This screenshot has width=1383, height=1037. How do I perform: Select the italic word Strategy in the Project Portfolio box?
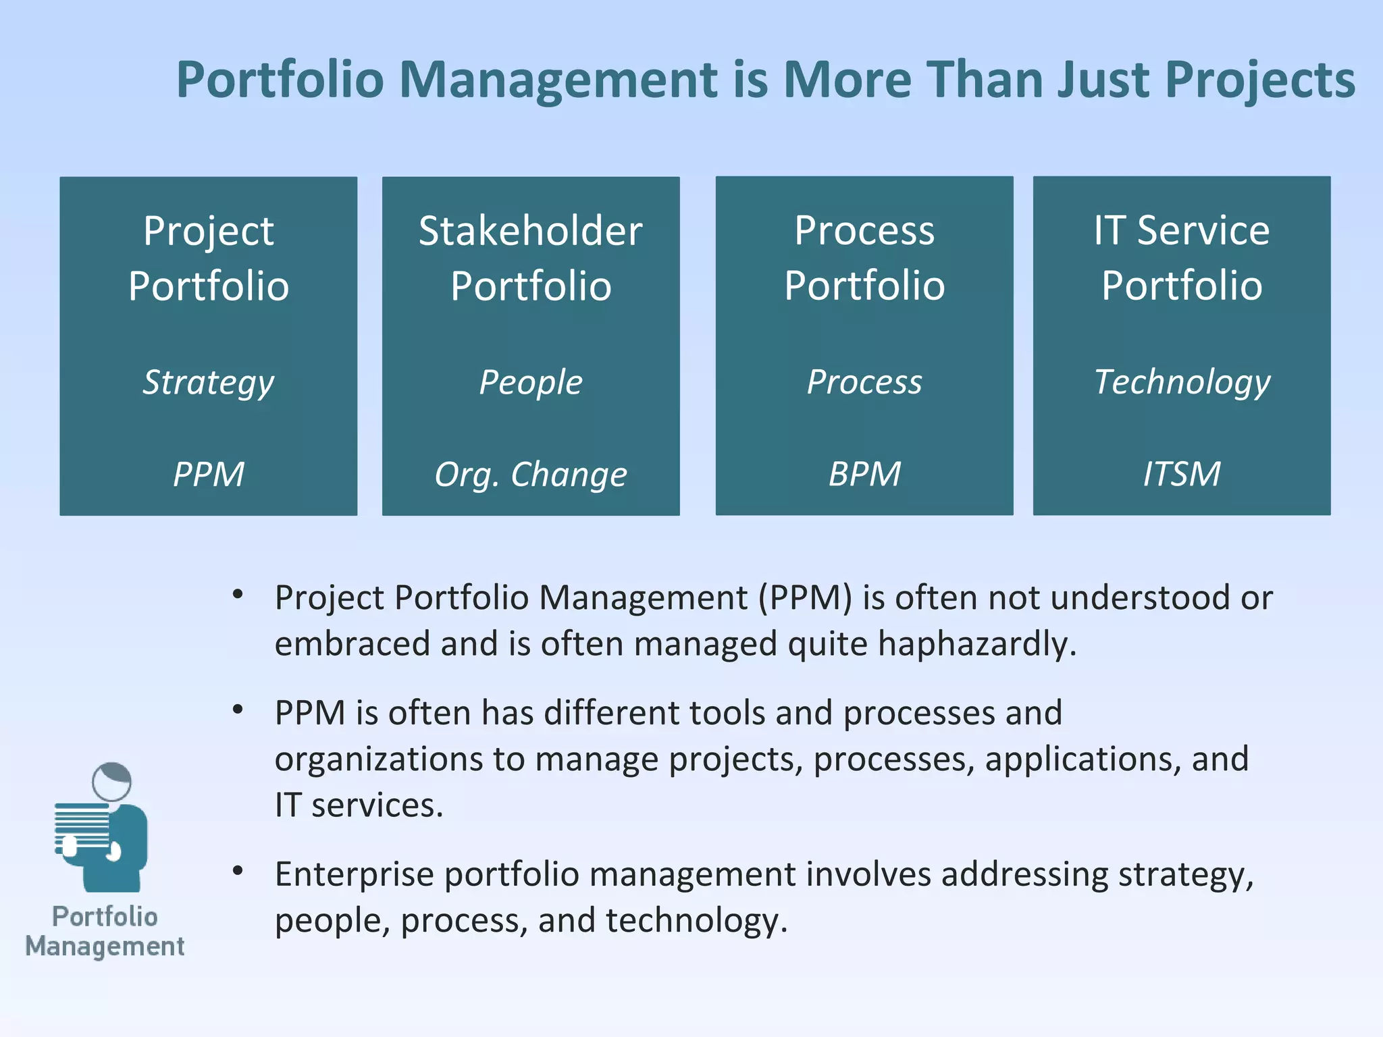pyautogui.click(x=208, y=382)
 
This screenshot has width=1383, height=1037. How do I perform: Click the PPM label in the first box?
pyautogui.click(x=208, y=474)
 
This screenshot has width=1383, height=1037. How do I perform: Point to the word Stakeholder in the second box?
pyautogui.click(x=530, y=231)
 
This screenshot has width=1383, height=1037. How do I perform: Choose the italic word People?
pyautogui.click(x=530, y=382)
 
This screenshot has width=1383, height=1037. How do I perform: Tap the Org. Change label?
pyautogui.click(x=530, y=474)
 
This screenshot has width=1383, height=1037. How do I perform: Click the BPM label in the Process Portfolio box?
pyautogui.click(x=864, y=474)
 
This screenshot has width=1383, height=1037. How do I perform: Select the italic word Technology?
pyautogui.click(x=1181, y=382)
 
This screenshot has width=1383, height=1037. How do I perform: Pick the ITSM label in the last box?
pyautogui.click(x=1181, y=474)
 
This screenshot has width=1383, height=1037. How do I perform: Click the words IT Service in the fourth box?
pyautogui.click(x=1181, y=231)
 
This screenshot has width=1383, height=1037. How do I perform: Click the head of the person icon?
pyautogui.click(x=112, y=782)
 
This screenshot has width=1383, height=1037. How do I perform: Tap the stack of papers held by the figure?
pyautogui.click(x=82, y=825)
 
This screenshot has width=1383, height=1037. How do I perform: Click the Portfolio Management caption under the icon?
pyautogui.click(x=105, y=932)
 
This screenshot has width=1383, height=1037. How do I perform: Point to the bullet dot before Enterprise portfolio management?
pyautogui.click(x=237, y=871)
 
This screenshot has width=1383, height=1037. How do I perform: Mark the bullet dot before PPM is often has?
pyautogui.click(x=237, y=710)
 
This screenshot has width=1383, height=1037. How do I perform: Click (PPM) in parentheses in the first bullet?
pyautogui.click(x=805, y=598)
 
